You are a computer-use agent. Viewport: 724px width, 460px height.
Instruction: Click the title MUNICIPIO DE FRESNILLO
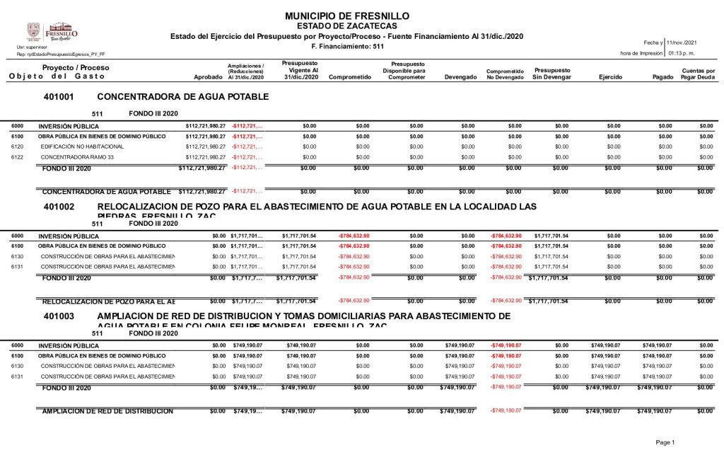pyautogui.click(x=346, y=16)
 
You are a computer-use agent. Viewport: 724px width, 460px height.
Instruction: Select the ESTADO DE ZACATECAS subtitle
pyautogui.click(x=346, y=26)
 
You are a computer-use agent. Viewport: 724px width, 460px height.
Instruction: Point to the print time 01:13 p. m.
pyautogui.click(x=680, y=53)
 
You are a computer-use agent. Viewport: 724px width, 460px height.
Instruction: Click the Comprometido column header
pyautogui.click(x=350, y=76)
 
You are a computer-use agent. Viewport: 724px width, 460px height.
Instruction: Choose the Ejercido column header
pyautogui.click(x=610, y=76)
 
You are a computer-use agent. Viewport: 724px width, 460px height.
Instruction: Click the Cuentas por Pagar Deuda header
pyautogui.click(x=698, y=74)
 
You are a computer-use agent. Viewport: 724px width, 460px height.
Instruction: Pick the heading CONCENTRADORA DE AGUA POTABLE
pyautogui.click(x=182, y=96)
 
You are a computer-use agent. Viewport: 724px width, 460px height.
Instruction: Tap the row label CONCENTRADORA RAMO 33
pyautogui.click(x=78, y=157)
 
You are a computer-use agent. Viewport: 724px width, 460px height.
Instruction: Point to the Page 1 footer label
pyautogui.click(x=665, y=442)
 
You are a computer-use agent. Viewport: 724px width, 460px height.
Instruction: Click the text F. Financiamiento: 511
pyautogui.click(x=347, y=46)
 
